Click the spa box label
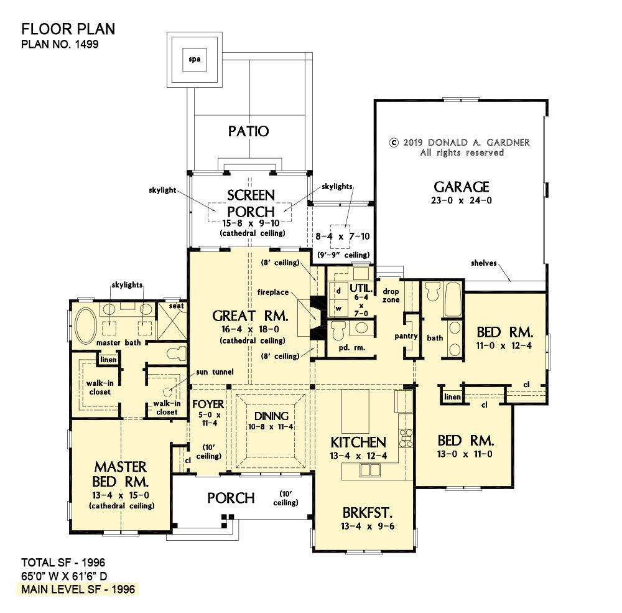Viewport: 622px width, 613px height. (194, 60)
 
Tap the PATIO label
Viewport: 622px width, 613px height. (248, 131)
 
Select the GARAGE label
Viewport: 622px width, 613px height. (462, 187)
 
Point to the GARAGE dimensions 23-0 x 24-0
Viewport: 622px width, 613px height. (462, 200)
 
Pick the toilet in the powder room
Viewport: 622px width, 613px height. (338, 330)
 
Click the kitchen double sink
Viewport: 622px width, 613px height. (369, 470)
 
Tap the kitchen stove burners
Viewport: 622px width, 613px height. (406, 439)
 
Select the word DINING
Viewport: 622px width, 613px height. (271, 416)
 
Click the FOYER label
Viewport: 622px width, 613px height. (208, 404)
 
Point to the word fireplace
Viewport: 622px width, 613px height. (273, 292)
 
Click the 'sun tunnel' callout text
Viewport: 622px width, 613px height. (215, 372)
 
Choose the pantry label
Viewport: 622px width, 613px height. (406, 336)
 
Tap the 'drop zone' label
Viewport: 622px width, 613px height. (391, 296)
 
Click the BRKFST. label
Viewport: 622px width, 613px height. (368, 513)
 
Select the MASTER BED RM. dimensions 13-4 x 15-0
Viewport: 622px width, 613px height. (121, 495)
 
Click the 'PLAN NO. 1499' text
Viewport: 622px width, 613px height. (60, 44)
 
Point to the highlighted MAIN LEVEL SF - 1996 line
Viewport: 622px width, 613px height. (78, 589)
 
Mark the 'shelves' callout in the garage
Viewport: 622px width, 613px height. (483, 263)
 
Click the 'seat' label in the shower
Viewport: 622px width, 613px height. (176, 306)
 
